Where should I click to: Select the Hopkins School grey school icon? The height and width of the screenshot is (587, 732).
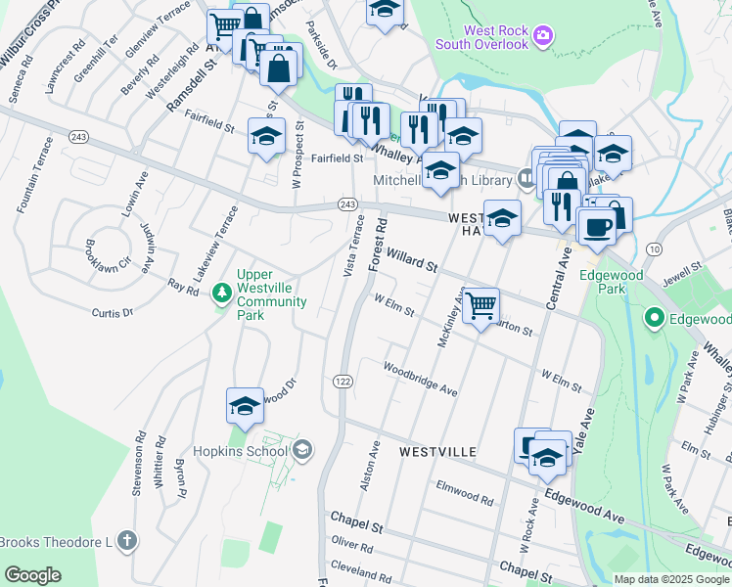coord(302,449)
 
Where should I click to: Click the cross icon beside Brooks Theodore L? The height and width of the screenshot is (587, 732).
coord(126,541)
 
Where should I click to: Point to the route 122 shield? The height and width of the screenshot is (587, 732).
coord(342,381)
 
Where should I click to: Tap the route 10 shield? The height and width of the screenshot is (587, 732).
coord(654,249)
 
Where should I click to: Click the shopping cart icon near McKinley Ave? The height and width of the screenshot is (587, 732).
coord(480,305)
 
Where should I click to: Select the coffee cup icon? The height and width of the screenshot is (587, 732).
coord(596,226)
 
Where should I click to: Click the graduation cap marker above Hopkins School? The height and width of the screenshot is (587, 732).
coord(245,405)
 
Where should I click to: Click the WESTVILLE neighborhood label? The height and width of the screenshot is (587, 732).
coord(437,451)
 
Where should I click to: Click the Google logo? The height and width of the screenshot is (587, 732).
coord(32,575)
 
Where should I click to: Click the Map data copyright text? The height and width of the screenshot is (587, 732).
coord(672,579)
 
